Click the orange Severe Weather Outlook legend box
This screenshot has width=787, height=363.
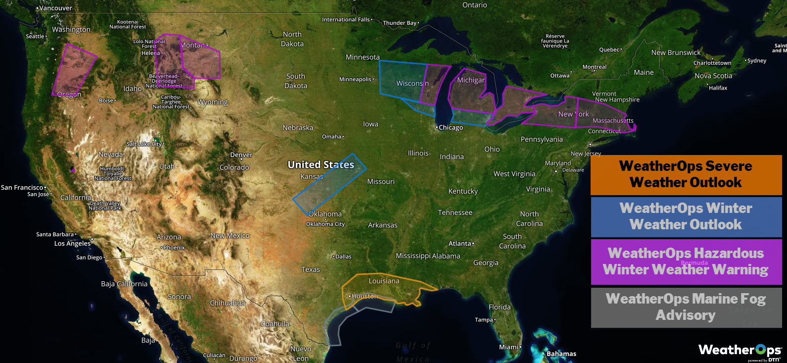[x=686, y=174]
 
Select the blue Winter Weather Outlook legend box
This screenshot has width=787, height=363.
[x=686, y=216]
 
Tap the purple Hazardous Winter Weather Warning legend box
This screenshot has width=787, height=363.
[x=686, y=261]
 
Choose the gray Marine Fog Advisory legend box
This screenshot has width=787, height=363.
[x=686, y=307]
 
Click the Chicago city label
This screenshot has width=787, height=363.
[x=450, y=128]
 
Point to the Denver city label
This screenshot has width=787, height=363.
[x=241, y=155]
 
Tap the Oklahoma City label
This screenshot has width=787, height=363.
[x=325, y=224]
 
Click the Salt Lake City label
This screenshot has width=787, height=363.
[x=144, y=144]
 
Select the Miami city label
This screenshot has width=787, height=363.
[x=509, y=347]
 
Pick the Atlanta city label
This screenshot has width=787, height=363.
[x=460, y=244]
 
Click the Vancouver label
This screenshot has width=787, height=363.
[x=55, y=8]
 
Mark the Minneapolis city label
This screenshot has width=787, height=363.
[x=356, y=79]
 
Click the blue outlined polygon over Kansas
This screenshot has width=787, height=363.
[x=330, y=184]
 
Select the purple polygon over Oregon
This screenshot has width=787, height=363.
[x=74, y=69]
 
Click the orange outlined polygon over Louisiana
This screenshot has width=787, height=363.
[x=386, y=289]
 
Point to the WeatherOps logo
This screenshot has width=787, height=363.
[x=740, y=351]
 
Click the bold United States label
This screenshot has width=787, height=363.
[x=321, y=165]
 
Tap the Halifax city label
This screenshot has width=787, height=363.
[x=718, y=88]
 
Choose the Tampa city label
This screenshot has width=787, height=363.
[x=484, y=320]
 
